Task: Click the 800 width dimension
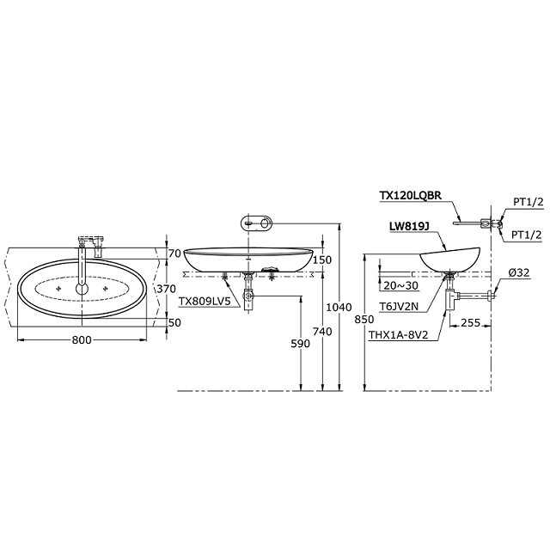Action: pos(82,339)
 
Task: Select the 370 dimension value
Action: pos(166,289)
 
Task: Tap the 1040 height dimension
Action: pos(339,308)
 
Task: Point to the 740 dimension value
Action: pos(322,331)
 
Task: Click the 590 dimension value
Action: pos(301,344)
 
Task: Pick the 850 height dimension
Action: pos(364,320)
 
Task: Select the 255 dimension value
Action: pos(470,323)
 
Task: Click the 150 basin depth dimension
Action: pos(322,260)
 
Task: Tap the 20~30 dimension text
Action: pos(401,286)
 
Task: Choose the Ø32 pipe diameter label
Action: pos(518,272)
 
